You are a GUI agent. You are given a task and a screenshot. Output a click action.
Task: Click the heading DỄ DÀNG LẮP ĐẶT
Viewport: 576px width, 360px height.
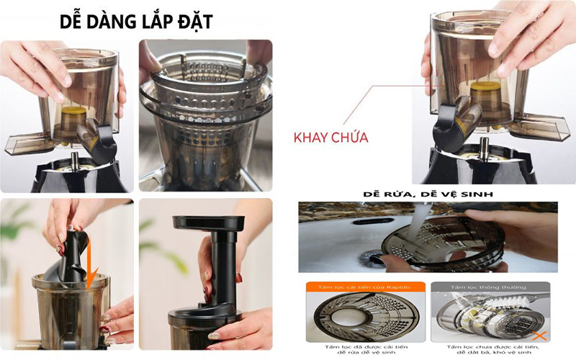[x=136, y=21]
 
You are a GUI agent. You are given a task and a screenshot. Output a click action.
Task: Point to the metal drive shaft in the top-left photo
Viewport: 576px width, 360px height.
[x=74, y=159]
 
